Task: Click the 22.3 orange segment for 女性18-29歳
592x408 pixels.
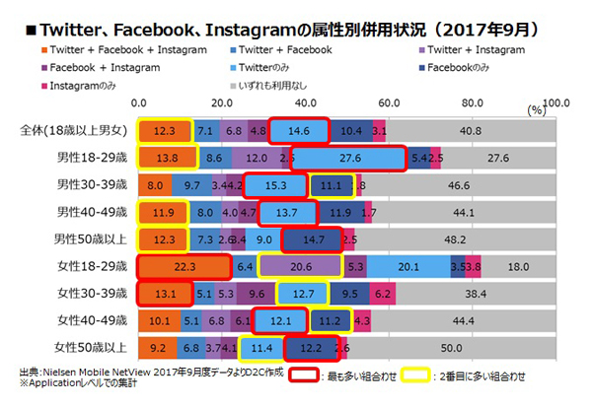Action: coord(184,265)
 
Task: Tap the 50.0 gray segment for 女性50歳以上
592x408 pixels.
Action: coord(452,347)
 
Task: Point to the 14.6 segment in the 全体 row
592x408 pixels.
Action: coord(299,130)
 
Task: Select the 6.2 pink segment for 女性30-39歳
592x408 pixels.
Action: coord(385,293)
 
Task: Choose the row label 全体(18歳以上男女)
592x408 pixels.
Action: coord(78,130)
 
